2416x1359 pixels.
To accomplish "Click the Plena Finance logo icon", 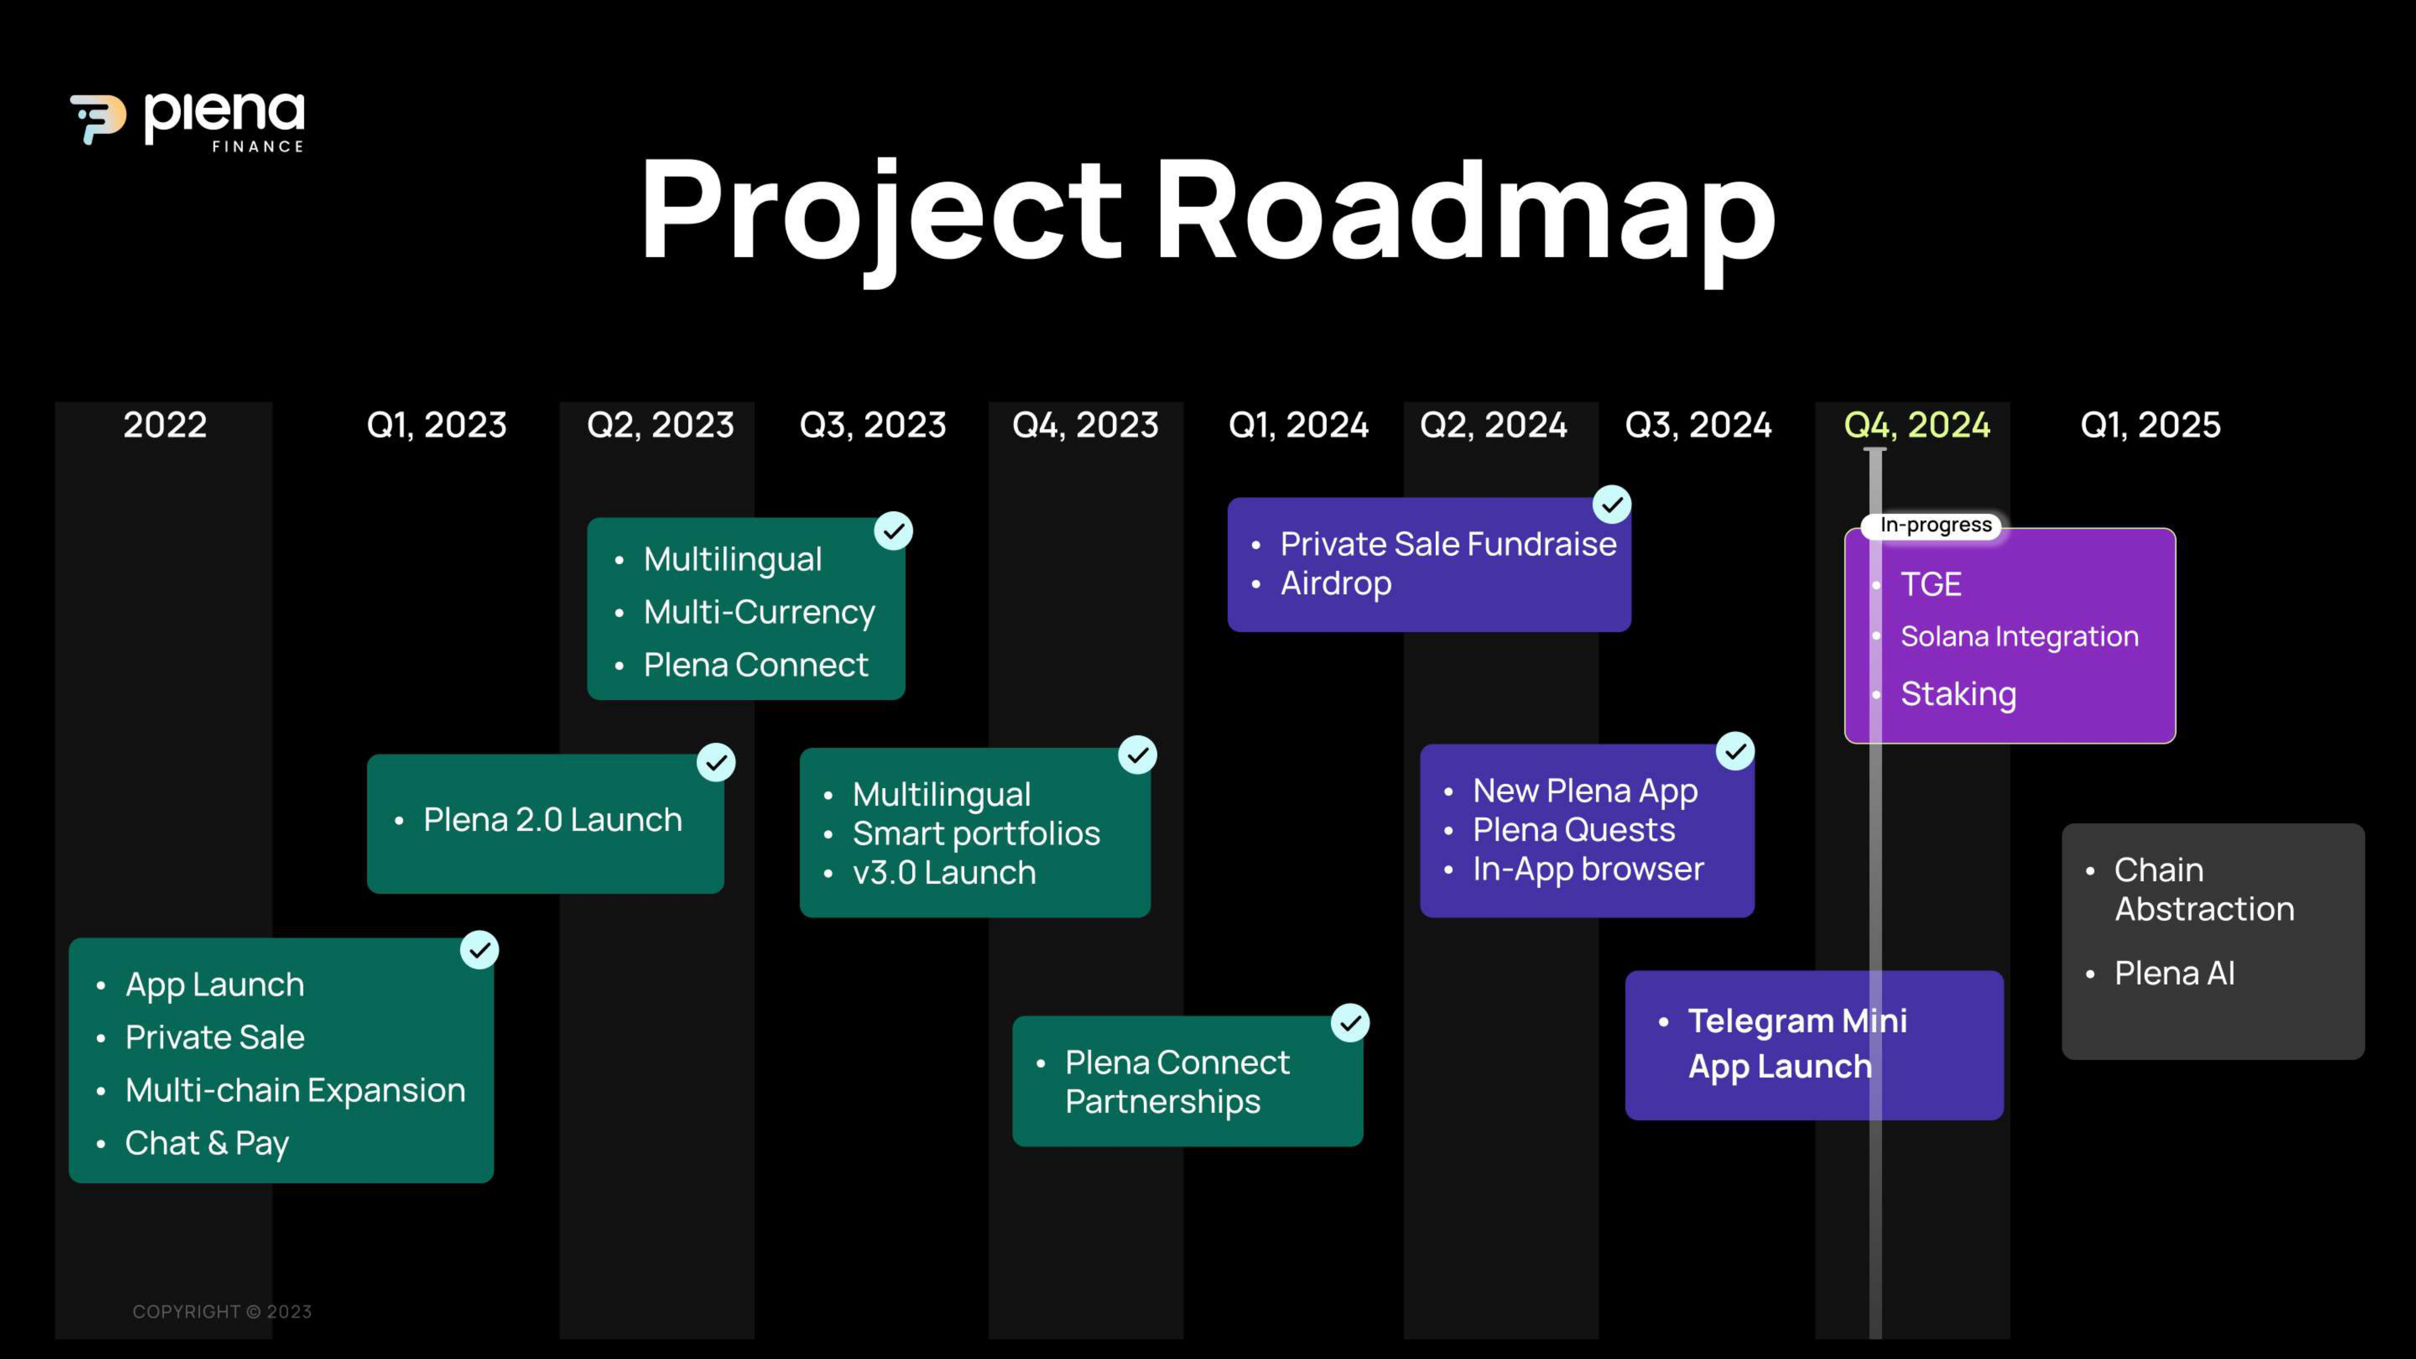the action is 98,119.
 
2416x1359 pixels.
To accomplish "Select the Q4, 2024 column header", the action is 1917,425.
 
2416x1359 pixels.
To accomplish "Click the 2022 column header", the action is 165,425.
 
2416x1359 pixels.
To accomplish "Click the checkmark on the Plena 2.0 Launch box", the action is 716,763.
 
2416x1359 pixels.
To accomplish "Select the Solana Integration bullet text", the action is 2019,637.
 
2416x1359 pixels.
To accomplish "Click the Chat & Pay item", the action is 207,1143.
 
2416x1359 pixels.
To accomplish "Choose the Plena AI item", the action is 2174,974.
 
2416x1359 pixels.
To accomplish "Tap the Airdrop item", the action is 1335,583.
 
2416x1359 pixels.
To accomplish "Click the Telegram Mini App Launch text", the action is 1797,1044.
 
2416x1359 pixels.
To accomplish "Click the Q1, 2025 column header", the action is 2151,425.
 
